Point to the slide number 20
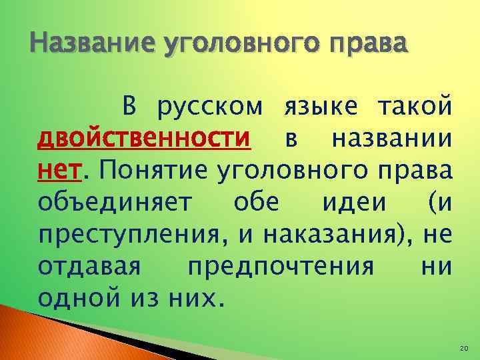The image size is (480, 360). pos(464,349)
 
